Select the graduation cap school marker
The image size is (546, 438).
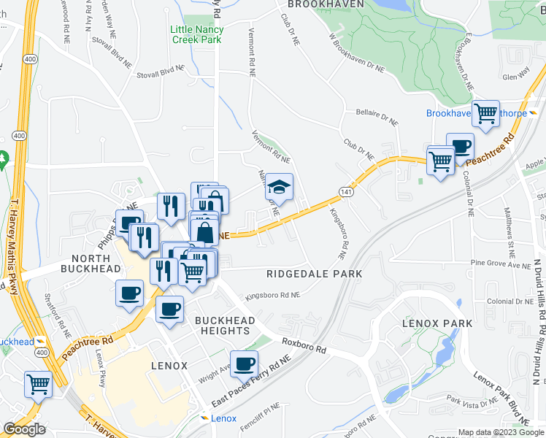click(278, 188)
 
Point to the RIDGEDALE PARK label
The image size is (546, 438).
click(315, 274)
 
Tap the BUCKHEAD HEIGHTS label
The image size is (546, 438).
click(225, 326)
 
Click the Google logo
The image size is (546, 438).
click(24, 429)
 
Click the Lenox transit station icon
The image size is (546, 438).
click(204, 418)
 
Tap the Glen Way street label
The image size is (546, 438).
click(516, 74)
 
